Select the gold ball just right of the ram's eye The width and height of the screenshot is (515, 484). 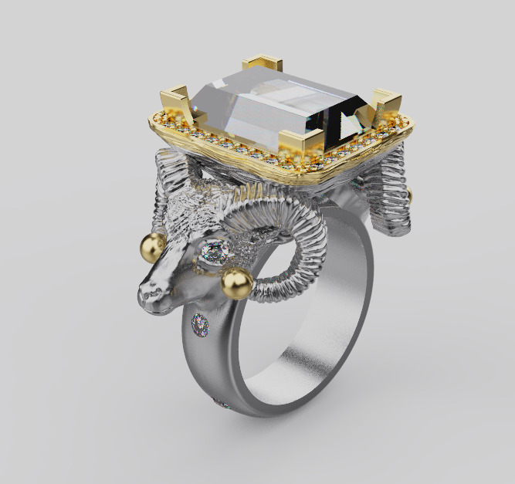237,283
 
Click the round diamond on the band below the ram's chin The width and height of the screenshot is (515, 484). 202,325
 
